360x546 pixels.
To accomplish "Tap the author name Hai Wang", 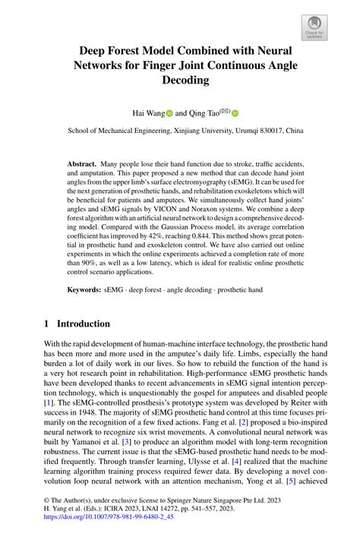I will [x=147, y=113].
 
